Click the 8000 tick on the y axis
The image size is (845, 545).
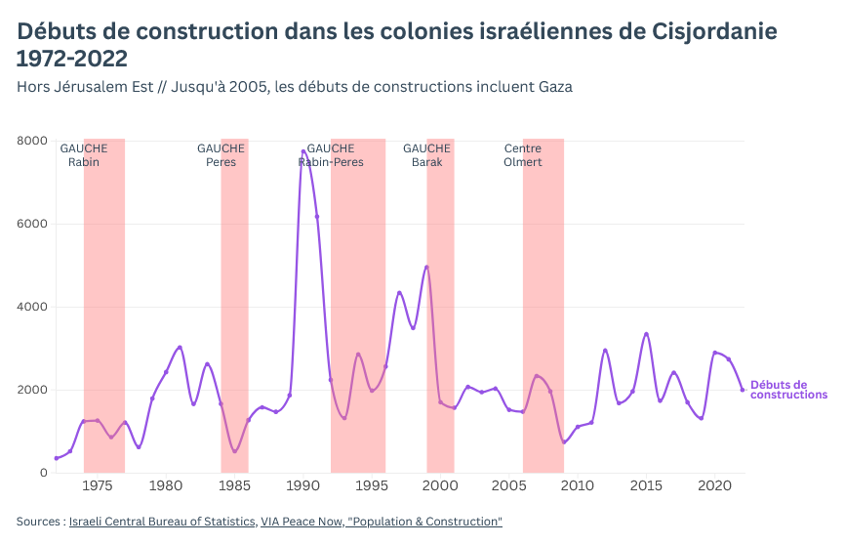[32, 141]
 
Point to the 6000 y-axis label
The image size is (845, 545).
[32, 224]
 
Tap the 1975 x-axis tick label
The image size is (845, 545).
[98, 485]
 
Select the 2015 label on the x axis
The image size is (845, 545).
[646, 485]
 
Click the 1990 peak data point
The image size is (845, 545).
[303, 151]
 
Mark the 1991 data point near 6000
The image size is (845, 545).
[317, 217]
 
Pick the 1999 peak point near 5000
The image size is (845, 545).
[426, 267]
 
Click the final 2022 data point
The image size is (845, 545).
[743, 390]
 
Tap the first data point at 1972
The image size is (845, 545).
[56, 458]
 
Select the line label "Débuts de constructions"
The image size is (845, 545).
[788, 390]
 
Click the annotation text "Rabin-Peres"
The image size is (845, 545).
[331, 162]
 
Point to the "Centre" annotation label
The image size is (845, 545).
[523, 148]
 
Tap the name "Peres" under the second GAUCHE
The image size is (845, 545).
[221, 162]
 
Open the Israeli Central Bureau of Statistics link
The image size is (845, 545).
[162, 522]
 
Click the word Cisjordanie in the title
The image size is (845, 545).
[714, 31]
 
